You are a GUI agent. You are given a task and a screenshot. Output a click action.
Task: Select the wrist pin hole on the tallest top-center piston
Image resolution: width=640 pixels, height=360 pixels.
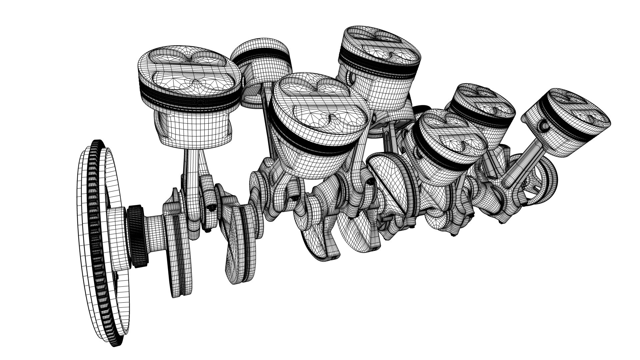pos(352,78)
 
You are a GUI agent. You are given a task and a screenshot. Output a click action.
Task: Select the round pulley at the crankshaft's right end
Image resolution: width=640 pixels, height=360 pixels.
pos(543,177)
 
